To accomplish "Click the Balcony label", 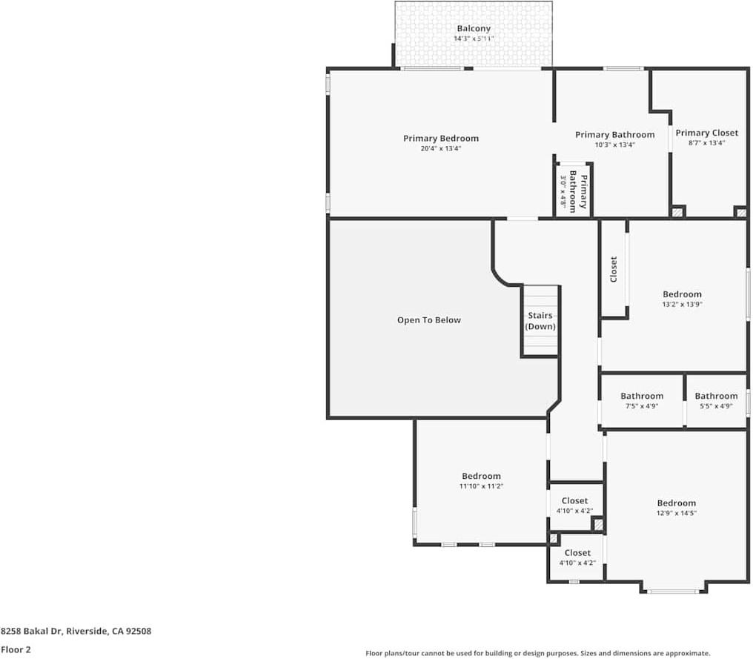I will [473, 29].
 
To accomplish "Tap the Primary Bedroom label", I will [441, 139].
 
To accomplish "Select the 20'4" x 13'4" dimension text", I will [441, 149].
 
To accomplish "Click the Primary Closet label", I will [706, 133].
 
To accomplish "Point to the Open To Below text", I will [428, 320].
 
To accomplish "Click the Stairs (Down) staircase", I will [540, 321].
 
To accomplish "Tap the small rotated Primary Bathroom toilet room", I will [574, 191].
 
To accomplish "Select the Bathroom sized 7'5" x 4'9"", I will [641, 401].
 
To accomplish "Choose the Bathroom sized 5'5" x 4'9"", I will [716, 401].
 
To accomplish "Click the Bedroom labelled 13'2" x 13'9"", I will [682, 299].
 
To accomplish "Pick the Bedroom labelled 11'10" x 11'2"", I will [481, 480].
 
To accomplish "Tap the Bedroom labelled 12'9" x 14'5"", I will [676, 508].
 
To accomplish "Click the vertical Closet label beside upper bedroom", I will [614, 269].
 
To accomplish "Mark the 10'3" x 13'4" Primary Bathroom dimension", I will [614, 145].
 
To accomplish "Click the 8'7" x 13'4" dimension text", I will [706, 143].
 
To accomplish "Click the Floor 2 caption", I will [16, 649].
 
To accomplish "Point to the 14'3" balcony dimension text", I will [473, 39].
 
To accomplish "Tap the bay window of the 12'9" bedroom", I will [672, 591].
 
